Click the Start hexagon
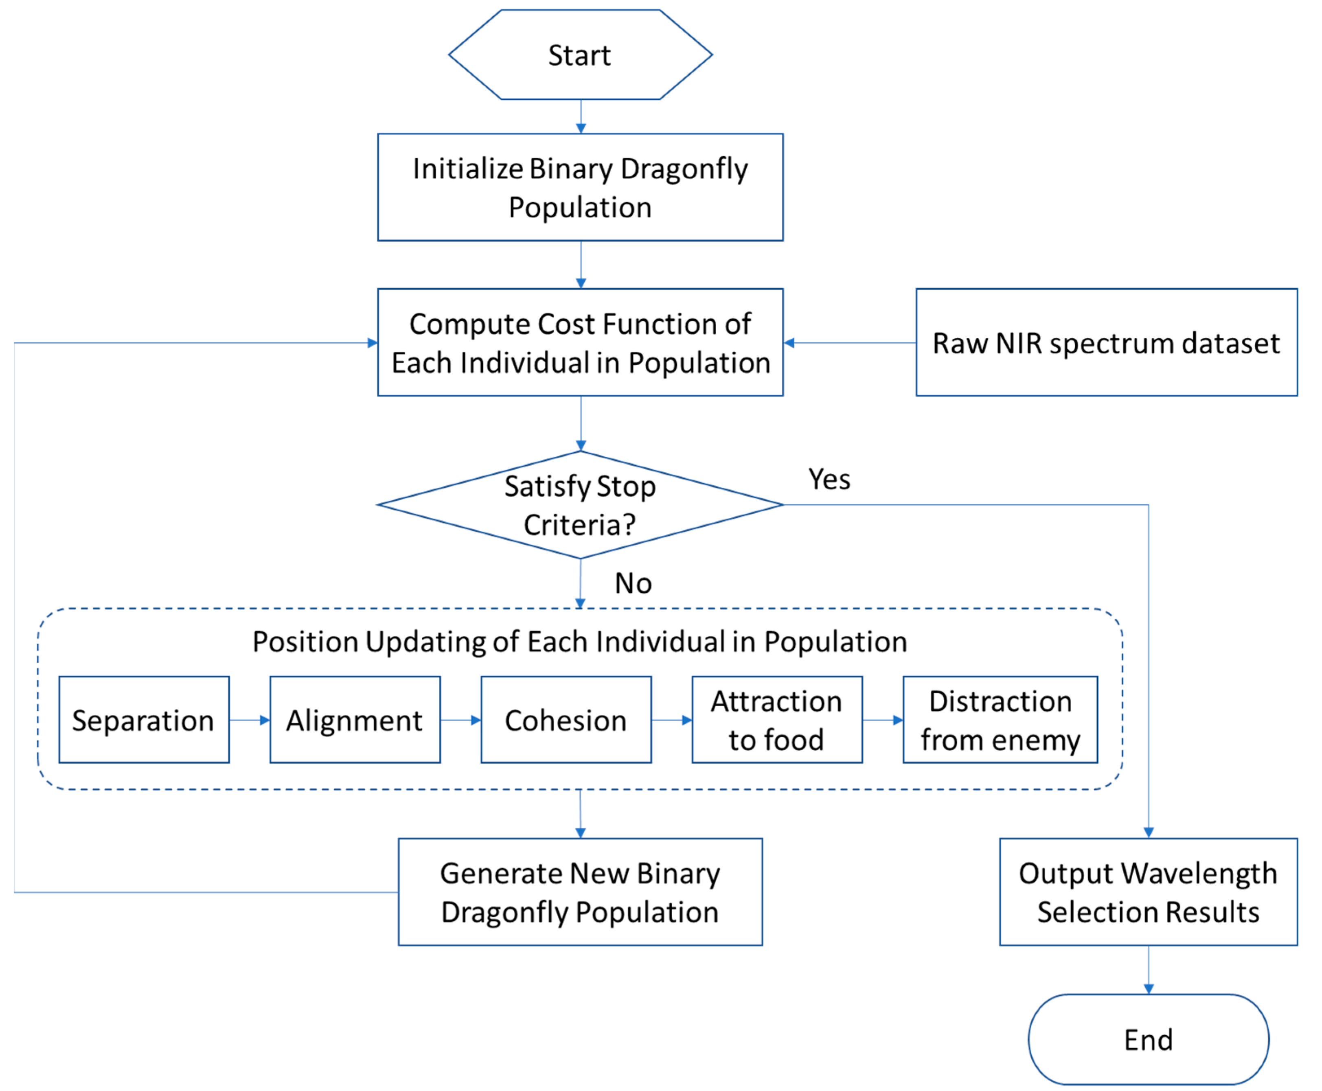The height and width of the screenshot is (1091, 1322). (580, 55)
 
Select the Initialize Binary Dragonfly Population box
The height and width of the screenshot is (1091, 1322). (580, 187)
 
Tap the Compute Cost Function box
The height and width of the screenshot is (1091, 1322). (580, 342)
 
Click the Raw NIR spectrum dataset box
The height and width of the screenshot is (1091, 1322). (1106, 342)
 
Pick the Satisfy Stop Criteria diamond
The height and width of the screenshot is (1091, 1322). (580, 505)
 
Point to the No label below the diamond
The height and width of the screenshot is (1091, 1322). (632, 583)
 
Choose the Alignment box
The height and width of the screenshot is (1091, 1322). (355, 720)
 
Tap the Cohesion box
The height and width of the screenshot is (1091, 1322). (566, 720)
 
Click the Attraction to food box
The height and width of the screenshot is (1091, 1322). (776, 720)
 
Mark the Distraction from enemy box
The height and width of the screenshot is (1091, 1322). (1000, 720)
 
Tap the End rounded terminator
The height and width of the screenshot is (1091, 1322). (1148, 1039)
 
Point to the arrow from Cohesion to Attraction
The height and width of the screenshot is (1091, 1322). (671, 720)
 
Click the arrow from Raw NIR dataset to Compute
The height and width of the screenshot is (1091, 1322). (848, 342)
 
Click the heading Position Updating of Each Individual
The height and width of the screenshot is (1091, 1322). (580, 642)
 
